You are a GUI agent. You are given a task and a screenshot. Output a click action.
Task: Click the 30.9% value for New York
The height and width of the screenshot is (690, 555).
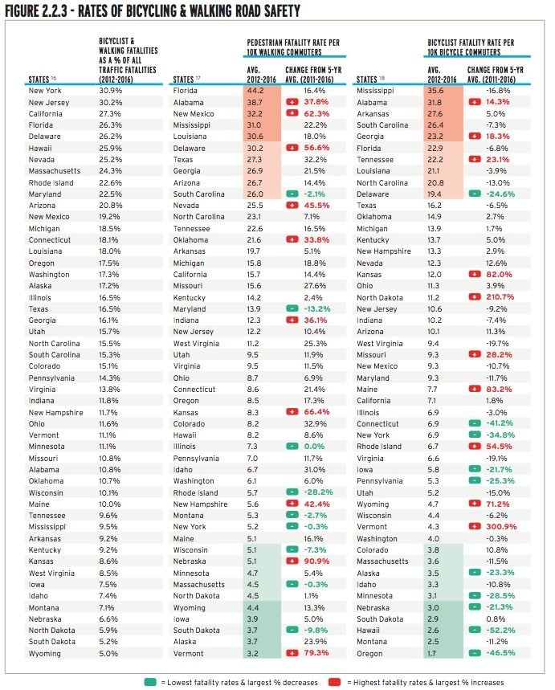tap(110, 91)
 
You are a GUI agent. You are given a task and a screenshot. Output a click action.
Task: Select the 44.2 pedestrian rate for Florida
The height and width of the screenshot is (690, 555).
tap(255, 91)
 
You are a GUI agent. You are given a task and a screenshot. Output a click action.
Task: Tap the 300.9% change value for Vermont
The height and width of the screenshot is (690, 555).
tap(501, 527)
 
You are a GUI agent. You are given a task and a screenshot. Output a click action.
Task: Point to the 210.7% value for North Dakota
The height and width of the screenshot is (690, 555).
tap(500, 297)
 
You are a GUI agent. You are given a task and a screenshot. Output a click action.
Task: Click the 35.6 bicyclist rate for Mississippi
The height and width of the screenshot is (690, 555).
tap(435, 91)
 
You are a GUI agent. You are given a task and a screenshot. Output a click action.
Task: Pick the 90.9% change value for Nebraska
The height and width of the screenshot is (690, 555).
tap(316, 561)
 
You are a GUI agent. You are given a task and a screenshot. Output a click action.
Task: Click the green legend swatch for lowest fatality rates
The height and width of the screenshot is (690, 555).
tap(150, 682)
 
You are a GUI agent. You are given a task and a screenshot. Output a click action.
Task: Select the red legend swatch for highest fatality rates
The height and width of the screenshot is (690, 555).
tap(334, 682)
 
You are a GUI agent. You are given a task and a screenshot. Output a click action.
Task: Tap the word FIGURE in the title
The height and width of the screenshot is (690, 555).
tap(22, 11)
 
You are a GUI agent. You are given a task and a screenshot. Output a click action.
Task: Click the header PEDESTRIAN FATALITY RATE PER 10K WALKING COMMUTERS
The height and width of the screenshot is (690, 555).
tap(293, 47)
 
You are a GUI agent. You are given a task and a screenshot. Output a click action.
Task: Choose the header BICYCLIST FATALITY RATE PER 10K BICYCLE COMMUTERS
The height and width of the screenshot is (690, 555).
tap(471, 47)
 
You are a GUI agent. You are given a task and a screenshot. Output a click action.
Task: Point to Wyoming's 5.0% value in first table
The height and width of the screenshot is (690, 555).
tap(108, 654)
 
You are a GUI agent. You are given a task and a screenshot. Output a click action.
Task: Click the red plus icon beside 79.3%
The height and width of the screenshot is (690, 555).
tap(292, 654)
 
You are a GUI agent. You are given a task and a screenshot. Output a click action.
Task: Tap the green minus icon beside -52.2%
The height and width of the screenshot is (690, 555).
tap(475, 630)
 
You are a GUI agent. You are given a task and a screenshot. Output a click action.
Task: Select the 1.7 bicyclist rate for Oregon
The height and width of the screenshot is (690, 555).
tap(432, 654)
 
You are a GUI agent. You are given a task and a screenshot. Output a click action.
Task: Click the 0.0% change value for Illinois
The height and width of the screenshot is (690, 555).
tap(314, 447)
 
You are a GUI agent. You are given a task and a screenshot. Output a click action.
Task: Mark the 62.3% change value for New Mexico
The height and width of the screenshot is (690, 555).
tap(316, 114)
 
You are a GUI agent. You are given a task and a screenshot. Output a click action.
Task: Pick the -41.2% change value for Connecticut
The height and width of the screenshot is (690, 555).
tap(500, 423)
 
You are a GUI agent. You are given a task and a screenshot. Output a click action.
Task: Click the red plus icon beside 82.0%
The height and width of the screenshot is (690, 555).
tap(475, 274)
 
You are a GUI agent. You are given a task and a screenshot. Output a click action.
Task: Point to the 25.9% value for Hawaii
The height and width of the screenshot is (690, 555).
tap(111, 149)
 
